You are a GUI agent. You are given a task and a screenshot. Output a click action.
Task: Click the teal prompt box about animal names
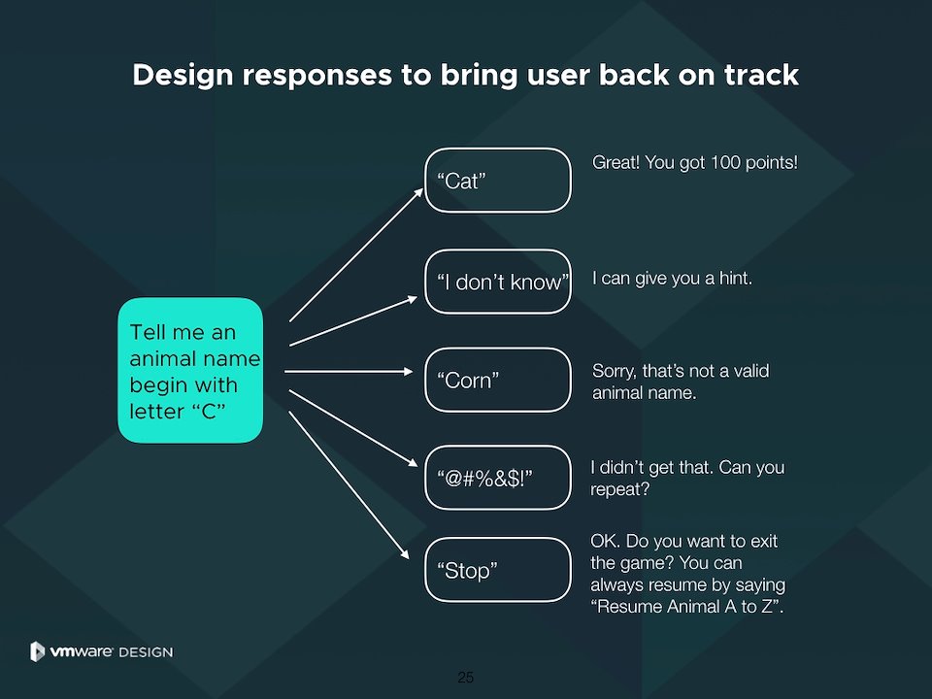[x=190, y=371]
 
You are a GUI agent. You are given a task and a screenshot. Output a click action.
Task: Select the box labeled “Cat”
[x=498, y=180]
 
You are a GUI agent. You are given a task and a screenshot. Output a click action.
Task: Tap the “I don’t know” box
[x=498, y=282]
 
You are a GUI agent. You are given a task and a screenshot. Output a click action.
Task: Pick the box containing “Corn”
[x=498, y=380]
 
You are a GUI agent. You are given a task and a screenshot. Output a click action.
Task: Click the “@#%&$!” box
[x=498, y=478]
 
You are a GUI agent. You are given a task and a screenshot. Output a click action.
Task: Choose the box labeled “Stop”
[x=498, y=570]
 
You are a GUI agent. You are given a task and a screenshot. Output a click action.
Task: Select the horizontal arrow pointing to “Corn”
[x=349, y=371]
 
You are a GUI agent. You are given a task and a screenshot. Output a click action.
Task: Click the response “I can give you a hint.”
[x=672, y=279]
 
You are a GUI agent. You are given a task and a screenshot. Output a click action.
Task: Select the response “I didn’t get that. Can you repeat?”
[x=686, y=479]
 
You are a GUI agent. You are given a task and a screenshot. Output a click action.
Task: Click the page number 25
[x=466, y=677]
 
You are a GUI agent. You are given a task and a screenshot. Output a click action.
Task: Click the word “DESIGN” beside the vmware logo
[x=146, y=652]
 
